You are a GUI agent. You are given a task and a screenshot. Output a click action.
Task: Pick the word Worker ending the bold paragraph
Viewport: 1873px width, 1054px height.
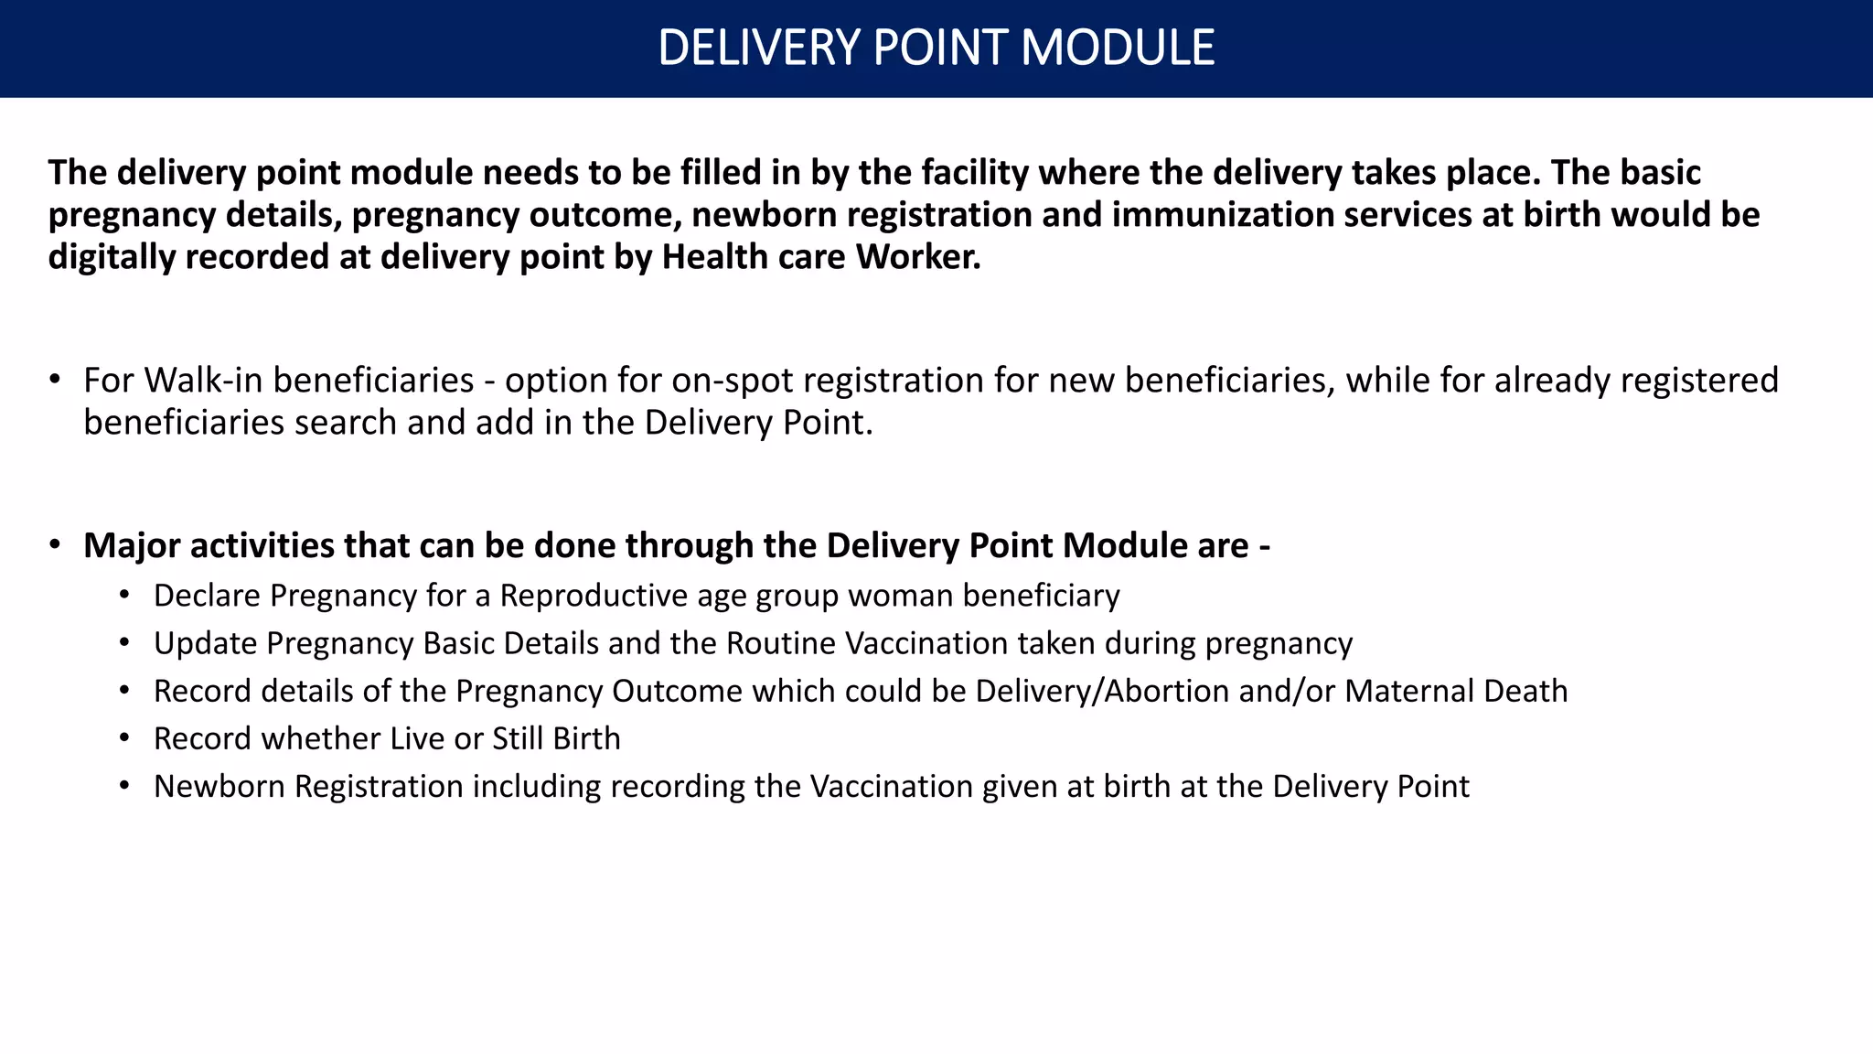(917, 258)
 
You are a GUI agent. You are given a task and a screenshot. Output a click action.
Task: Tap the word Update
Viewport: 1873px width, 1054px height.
(205, 644)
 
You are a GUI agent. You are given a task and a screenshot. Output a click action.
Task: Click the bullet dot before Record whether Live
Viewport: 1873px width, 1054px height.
(124, 738)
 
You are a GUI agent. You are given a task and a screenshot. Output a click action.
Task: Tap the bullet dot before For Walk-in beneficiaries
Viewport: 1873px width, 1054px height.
(55, 379)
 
